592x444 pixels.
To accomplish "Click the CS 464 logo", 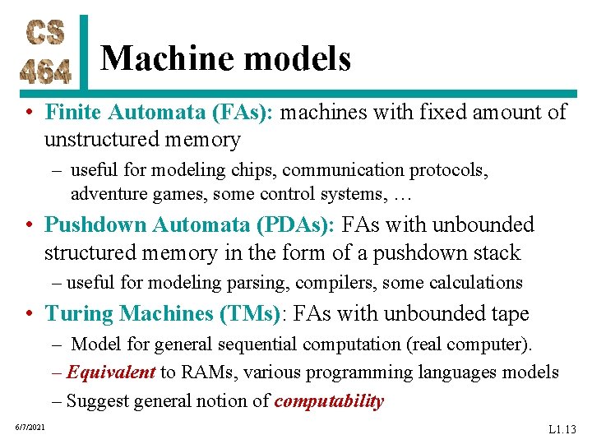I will tap(46, 51).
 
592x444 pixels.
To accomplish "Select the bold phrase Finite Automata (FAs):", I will tap(160, 112).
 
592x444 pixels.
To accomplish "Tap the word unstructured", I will tap(106, 140).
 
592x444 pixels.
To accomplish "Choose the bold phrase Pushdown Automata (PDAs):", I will tap(189, 224).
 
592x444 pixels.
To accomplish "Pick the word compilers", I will tap(343, 283).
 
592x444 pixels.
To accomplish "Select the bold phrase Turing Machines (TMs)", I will tap(161, 313).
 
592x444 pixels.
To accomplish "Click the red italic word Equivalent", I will tap(111, 372).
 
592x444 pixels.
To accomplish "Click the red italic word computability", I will tap(329, 401).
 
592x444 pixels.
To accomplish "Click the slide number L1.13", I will tap(562, 429).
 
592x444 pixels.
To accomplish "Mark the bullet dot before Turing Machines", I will tap(29, 314).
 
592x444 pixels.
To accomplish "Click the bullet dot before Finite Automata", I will tap(29, 113).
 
